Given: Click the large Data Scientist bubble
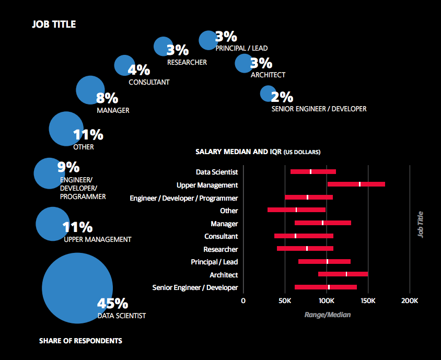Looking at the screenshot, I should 77,288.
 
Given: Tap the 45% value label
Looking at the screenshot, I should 112,304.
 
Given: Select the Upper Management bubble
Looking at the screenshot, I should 51,224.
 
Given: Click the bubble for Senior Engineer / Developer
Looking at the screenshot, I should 268,94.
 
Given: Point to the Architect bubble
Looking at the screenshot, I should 243,63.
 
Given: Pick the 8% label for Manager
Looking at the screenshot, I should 107,98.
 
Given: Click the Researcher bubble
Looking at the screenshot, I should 163,46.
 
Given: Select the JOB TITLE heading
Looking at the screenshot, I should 53,25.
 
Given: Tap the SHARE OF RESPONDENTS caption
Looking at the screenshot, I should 80,341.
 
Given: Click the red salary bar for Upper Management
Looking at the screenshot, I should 356,184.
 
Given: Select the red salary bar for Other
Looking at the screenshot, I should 296,210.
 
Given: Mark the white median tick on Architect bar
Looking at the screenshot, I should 346,274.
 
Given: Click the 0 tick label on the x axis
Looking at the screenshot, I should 243,301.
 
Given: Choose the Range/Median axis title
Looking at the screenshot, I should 327,315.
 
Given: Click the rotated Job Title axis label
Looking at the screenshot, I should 420,224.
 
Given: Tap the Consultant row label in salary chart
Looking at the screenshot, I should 221,236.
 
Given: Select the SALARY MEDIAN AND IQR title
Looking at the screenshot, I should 258,152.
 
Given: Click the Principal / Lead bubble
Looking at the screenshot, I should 207,40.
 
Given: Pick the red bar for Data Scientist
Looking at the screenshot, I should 313,171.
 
